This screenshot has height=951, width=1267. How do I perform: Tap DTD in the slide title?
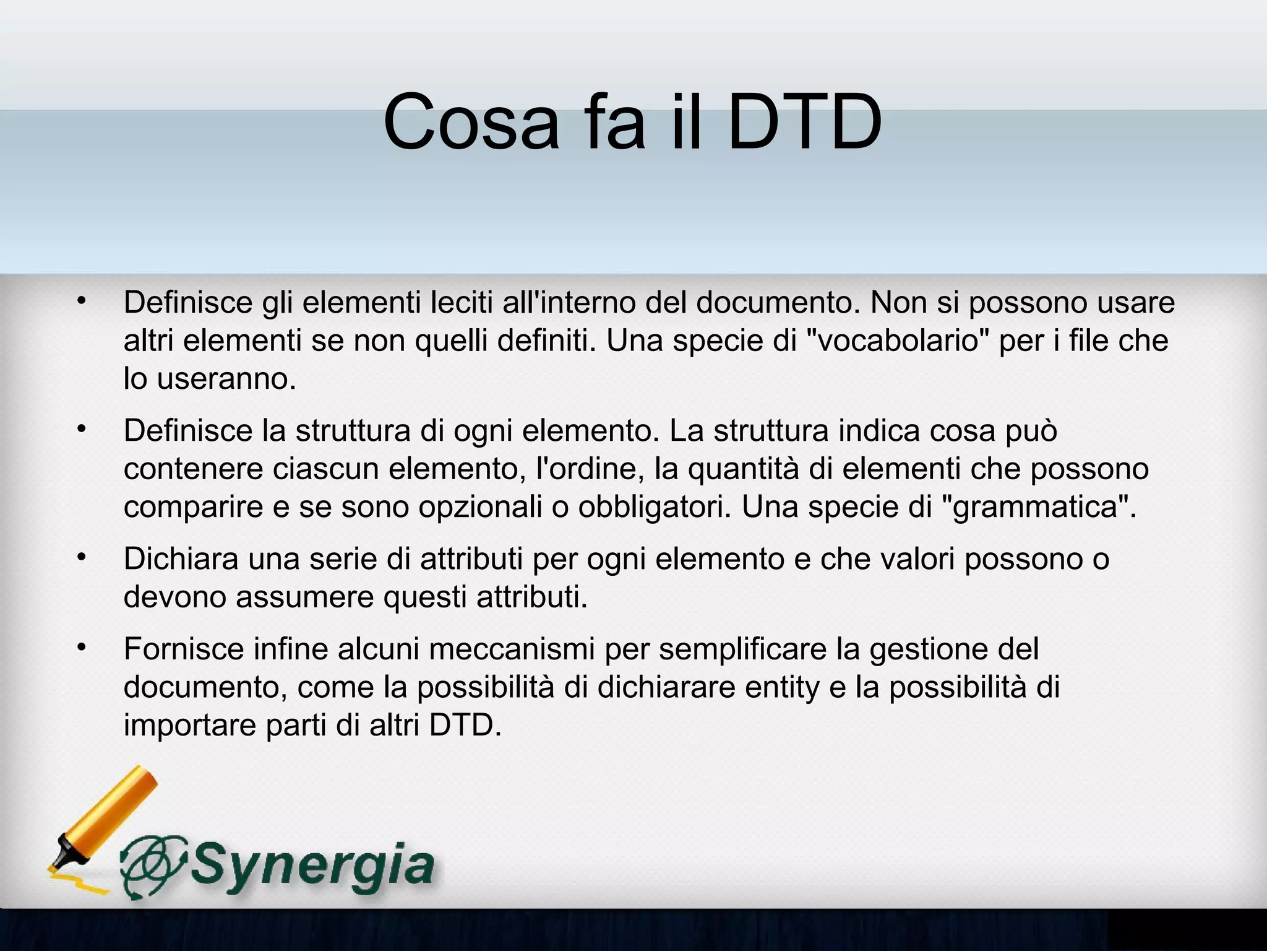pos(805,122)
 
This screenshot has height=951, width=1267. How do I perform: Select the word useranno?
pos(226,379)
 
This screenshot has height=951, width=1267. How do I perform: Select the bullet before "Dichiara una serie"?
pos(80,558)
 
